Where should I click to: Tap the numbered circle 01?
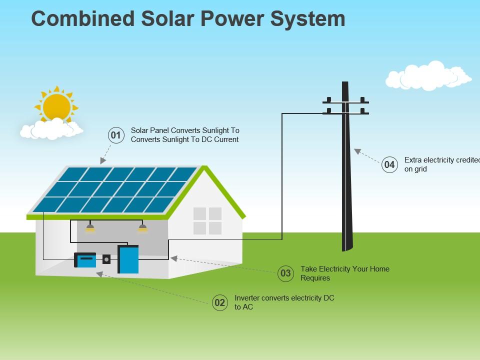116,135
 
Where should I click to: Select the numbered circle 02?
219,302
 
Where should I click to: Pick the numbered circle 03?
285,273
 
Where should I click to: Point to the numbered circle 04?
389,164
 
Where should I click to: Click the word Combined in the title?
83,19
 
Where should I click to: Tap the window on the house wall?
207,221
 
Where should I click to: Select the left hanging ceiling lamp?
90,228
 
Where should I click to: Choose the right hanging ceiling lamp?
142,228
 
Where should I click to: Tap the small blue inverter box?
85,260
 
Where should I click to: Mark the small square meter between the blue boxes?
106,259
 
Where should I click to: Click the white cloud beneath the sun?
51,129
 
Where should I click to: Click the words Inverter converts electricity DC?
284,298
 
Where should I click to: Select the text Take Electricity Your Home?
344,269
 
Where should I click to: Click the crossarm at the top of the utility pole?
345,102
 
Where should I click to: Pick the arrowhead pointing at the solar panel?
103,161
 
